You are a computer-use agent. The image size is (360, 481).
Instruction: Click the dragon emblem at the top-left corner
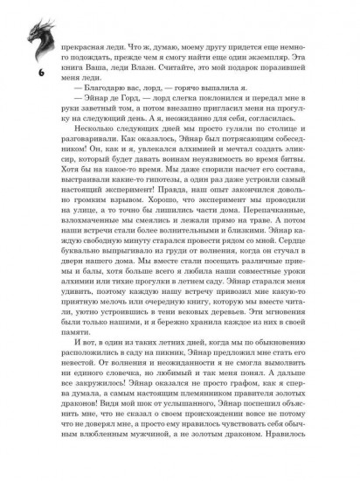point(20,22)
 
